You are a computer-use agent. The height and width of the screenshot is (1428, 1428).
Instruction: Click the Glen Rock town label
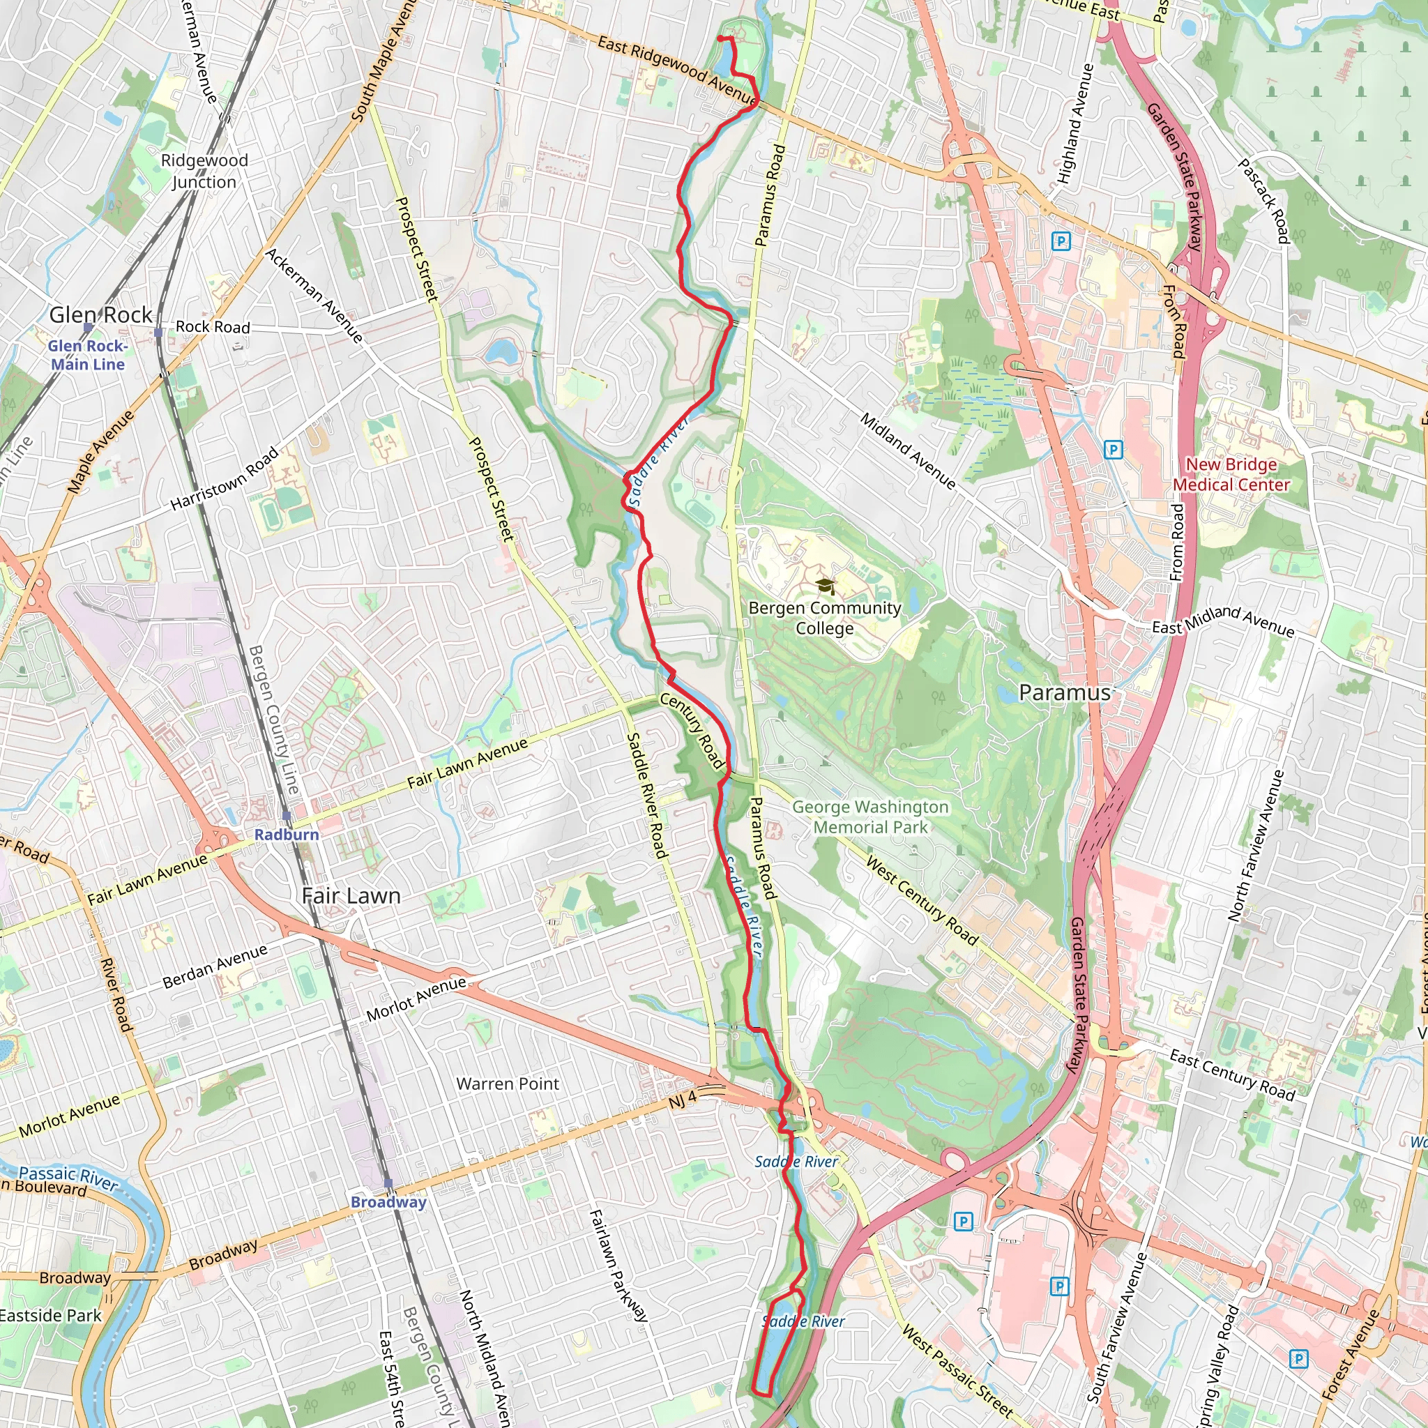pos(100,315)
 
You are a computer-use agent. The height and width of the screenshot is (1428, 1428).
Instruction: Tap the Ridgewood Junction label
pos(205,172)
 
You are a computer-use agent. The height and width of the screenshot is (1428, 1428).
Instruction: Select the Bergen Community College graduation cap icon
pos(826,587)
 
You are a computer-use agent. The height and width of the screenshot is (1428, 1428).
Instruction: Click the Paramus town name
pos(1064,692)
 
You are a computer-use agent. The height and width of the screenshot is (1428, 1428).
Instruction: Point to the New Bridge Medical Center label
pos(1231,475)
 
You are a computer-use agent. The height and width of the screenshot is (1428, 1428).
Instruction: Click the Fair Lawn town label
pos(351,896)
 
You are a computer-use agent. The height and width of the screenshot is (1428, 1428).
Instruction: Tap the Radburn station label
pos(287,835)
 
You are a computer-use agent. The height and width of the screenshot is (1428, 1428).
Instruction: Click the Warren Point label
pos(508,1084)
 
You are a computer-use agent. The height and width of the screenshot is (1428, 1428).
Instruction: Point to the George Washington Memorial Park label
pos(871,816)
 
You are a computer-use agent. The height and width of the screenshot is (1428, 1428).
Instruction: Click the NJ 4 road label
pos(682,1100)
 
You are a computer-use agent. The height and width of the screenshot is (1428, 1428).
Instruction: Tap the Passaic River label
pos(68,1177)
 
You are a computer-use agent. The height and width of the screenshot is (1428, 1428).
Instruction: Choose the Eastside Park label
pos(50,1316)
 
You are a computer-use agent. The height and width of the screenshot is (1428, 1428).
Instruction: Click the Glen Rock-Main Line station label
pos(88,355)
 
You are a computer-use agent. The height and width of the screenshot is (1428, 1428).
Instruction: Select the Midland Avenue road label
pos(908,451)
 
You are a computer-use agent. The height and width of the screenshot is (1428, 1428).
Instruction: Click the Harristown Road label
pos(225,478)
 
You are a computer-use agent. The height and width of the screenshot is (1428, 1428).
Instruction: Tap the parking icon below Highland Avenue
pos(1061,241)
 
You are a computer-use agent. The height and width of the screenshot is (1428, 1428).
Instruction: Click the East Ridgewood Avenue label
pos(676,70)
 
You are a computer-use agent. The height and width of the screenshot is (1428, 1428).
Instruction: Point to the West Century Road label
pos(922,900)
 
